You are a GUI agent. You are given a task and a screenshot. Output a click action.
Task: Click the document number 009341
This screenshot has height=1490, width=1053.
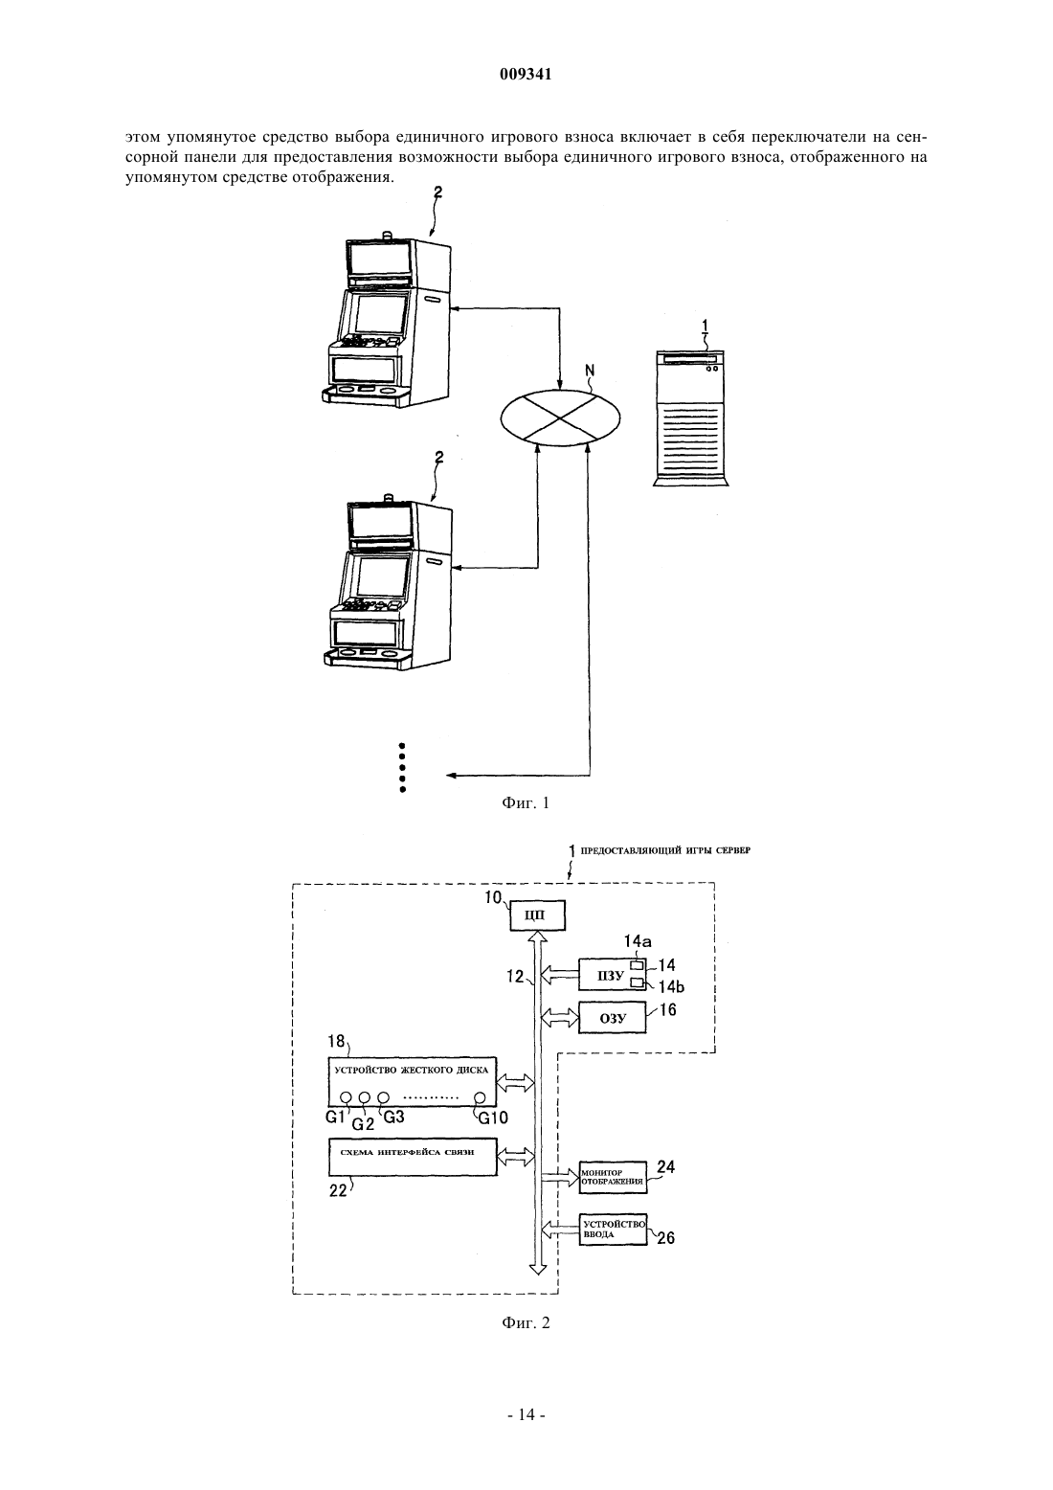click(526, 75)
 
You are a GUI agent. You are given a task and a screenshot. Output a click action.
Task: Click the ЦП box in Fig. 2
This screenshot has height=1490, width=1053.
click(537, 916)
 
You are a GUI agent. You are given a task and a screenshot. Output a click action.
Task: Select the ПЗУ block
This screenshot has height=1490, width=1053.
click(612, 977)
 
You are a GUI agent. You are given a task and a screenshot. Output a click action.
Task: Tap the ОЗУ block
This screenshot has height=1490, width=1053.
click(612, 1018)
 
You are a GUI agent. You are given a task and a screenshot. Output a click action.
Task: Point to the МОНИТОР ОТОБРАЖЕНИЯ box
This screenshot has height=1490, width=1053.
click(613, 1178)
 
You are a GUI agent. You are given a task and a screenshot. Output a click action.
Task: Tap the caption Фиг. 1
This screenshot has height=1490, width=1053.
click(526, 802)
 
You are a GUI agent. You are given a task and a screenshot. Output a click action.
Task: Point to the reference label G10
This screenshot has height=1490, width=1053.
click(493, 1117)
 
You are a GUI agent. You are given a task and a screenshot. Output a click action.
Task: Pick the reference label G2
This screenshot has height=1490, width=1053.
click(363, 1125)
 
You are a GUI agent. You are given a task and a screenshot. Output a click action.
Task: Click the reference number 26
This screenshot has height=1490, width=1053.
click(665, 1238)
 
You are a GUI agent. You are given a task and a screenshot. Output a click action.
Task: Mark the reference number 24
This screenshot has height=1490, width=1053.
click(665, 1167)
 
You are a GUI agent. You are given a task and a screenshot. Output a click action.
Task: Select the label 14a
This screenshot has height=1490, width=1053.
click(638, 941)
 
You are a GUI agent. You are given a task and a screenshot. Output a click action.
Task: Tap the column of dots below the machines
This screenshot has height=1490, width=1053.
click(402, 768)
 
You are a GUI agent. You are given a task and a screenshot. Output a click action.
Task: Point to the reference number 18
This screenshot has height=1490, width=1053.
click(336, 1041)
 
